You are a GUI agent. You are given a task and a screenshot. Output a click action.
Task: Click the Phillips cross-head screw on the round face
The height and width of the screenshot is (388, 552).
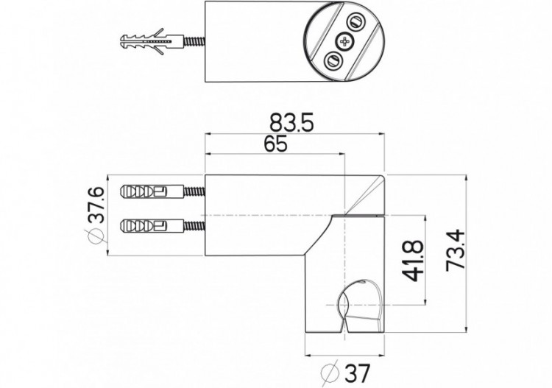click(x=344, y=41)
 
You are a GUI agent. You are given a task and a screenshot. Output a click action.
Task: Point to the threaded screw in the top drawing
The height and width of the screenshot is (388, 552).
click(x=190, y=41)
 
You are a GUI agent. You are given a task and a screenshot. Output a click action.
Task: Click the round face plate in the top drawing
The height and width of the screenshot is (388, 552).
click(x=344, y=41)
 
